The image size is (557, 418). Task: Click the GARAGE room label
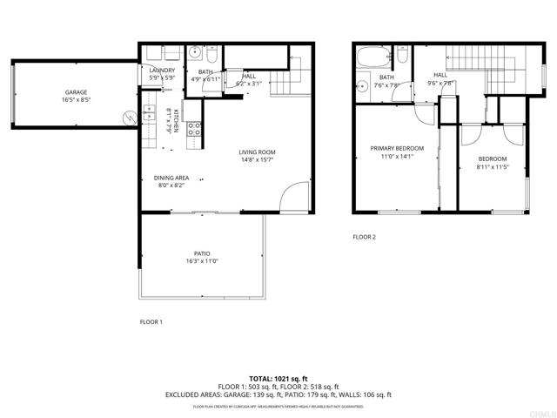click(x=75, y=91)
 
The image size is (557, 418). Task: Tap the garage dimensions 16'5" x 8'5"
click(x=75, y=100)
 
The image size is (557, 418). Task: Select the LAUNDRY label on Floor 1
click(x=163, y=71)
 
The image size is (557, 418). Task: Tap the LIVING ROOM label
click(x=257, y=152)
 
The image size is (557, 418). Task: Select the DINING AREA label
click(x=171, y=178)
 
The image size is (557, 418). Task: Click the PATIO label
click(x=202, y=253)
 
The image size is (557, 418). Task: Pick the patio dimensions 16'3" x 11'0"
click(x=202, y=261)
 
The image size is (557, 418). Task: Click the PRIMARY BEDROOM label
click(x=392, y=148)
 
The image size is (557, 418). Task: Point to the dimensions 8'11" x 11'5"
click(x=491, y=166)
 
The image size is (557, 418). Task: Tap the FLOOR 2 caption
click(x=364, y=237)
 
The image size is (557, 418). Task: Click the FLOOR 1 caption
click(x=151, y=321)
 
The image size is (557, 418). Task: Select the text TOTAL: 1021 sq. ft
click(x=278, y=379)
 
